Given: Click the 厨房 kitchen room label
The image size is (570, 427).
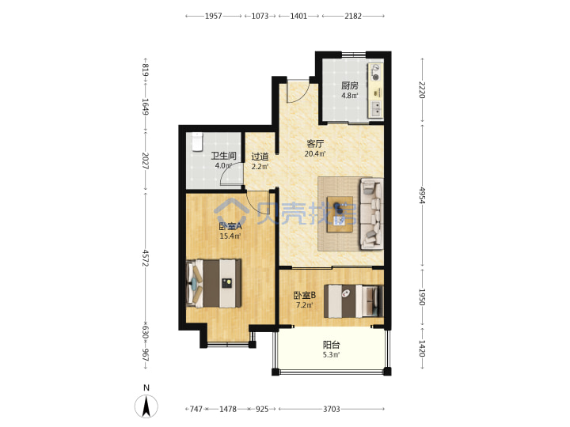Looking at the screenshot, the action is (349, 85).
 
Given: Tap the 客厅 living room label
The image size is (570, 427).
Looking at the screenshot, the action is (315, 144).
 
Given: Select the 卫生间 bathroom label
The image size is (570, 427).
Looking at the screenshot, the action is (223, 156).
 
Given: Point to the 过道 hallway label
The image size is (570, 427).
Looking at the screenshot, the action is (260, 157).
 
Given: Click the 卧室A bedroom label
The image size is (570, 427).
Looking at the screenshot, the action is (230, 226).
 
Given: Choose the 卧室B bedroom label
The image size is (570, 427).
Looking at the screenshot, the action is (305, 295).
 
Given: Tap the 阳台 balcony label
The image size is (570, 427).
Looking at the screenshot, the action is (331, 345).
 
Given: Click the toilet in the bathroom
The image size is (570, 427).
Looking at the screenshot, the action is (197, 142).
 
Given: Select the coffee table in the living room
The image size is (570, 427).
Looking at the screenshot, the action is (340, 214).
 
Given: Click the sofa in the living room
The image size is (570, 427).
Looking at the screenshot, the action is (371, 213).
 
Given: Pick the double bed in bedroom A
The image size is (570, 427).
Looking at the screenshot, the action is (214, 283).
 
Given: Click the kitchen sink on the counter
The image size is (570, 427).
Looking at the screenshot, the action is (376, 108).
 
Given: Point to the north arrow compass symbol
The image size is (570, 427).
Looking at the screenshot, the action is (146, 406).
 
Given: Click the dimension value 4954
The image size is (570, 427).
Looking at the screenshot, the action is (422, 195).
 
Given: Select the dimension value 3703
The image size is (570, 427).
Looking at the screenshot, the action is (332, 410).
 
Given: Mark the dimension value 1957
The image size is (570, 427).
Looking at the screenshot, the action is (214, 16).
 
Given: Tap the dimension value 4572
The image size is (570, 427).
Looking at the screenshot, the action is (146, 258).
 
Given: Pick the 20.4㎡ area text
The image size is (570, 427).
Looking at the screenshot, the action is (315, 153).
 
